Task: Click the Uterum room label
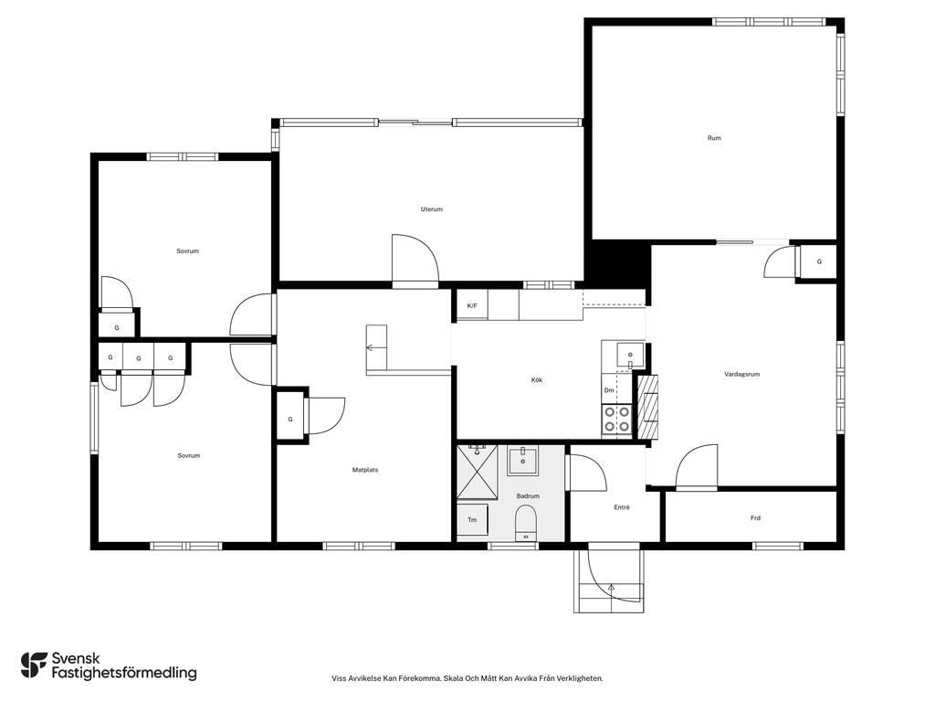432,209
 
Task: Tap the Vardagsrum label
741,374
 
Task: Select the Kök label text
537,379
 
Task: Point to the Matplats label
365,470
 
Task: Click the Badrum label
528,496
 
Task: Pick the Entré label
621,507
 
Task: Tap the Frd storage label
755,518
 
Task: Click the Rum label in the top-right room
714,138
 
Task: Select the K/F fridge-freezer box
472,305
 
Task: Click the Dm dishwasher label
609,390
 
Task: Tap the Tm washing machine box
472,520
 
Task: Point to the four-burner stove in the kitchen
616,419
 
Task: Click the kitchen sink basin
630,356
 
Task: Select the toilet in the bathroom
526,522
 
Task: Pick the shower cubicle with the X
477,472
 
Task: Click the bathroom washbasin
523,460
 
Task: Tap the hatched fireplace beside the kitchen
649,407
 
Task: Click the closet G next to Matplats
290,419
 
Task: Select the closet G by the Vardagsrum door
819,261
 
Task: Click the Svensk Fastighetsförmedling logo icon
34,665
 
